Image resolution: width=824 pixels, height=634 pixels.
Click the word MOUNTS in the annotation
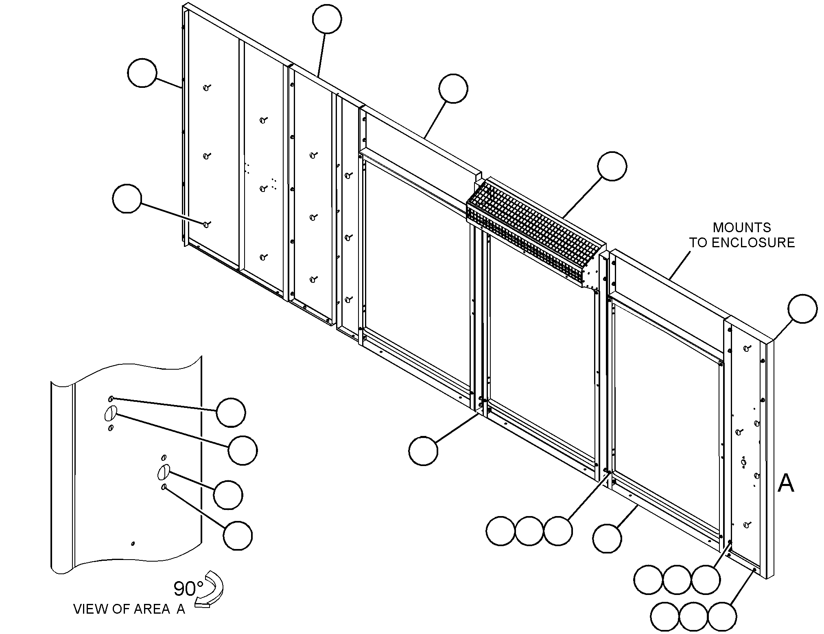(x=742, y=227)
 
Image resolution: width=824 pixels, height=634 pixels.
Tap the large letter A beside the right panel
(x=786, y=484)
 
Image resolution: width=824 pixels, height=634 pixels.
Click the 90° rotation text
(x=188, y=588)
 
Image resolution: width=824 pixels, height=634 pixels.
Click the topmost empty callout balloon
(x=327, y=19)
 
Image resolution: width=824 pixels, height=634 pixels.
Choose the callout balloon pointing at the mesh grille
(x=612, y=166)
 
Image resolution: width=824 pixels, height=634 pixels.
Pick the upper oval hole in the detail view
(x=110, y=413)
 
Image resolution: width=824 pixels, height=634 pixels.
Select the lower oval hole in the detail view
(x=163, y=472)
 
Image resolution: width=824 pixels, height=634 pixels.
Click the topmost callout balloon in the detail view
(x=231, y=412)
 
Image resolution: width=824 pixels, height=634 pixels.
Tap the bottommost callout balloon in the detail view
(x=238, y=536)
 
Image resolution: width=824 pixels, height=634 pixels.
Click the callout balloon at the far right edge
(x=802, y=309)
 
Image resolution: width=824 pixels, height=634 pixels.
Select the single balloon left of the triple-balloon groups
(x=607, y=538)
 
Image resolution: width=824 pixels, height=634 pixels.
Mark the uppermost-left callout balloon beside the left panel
(x=142, y=72)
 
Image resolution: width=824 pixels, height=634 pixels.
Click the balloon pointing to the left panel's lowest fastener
(x=127, y=198)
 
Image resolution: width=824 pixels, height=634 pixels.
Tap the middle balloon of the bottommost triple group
(x=693, y=617)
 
